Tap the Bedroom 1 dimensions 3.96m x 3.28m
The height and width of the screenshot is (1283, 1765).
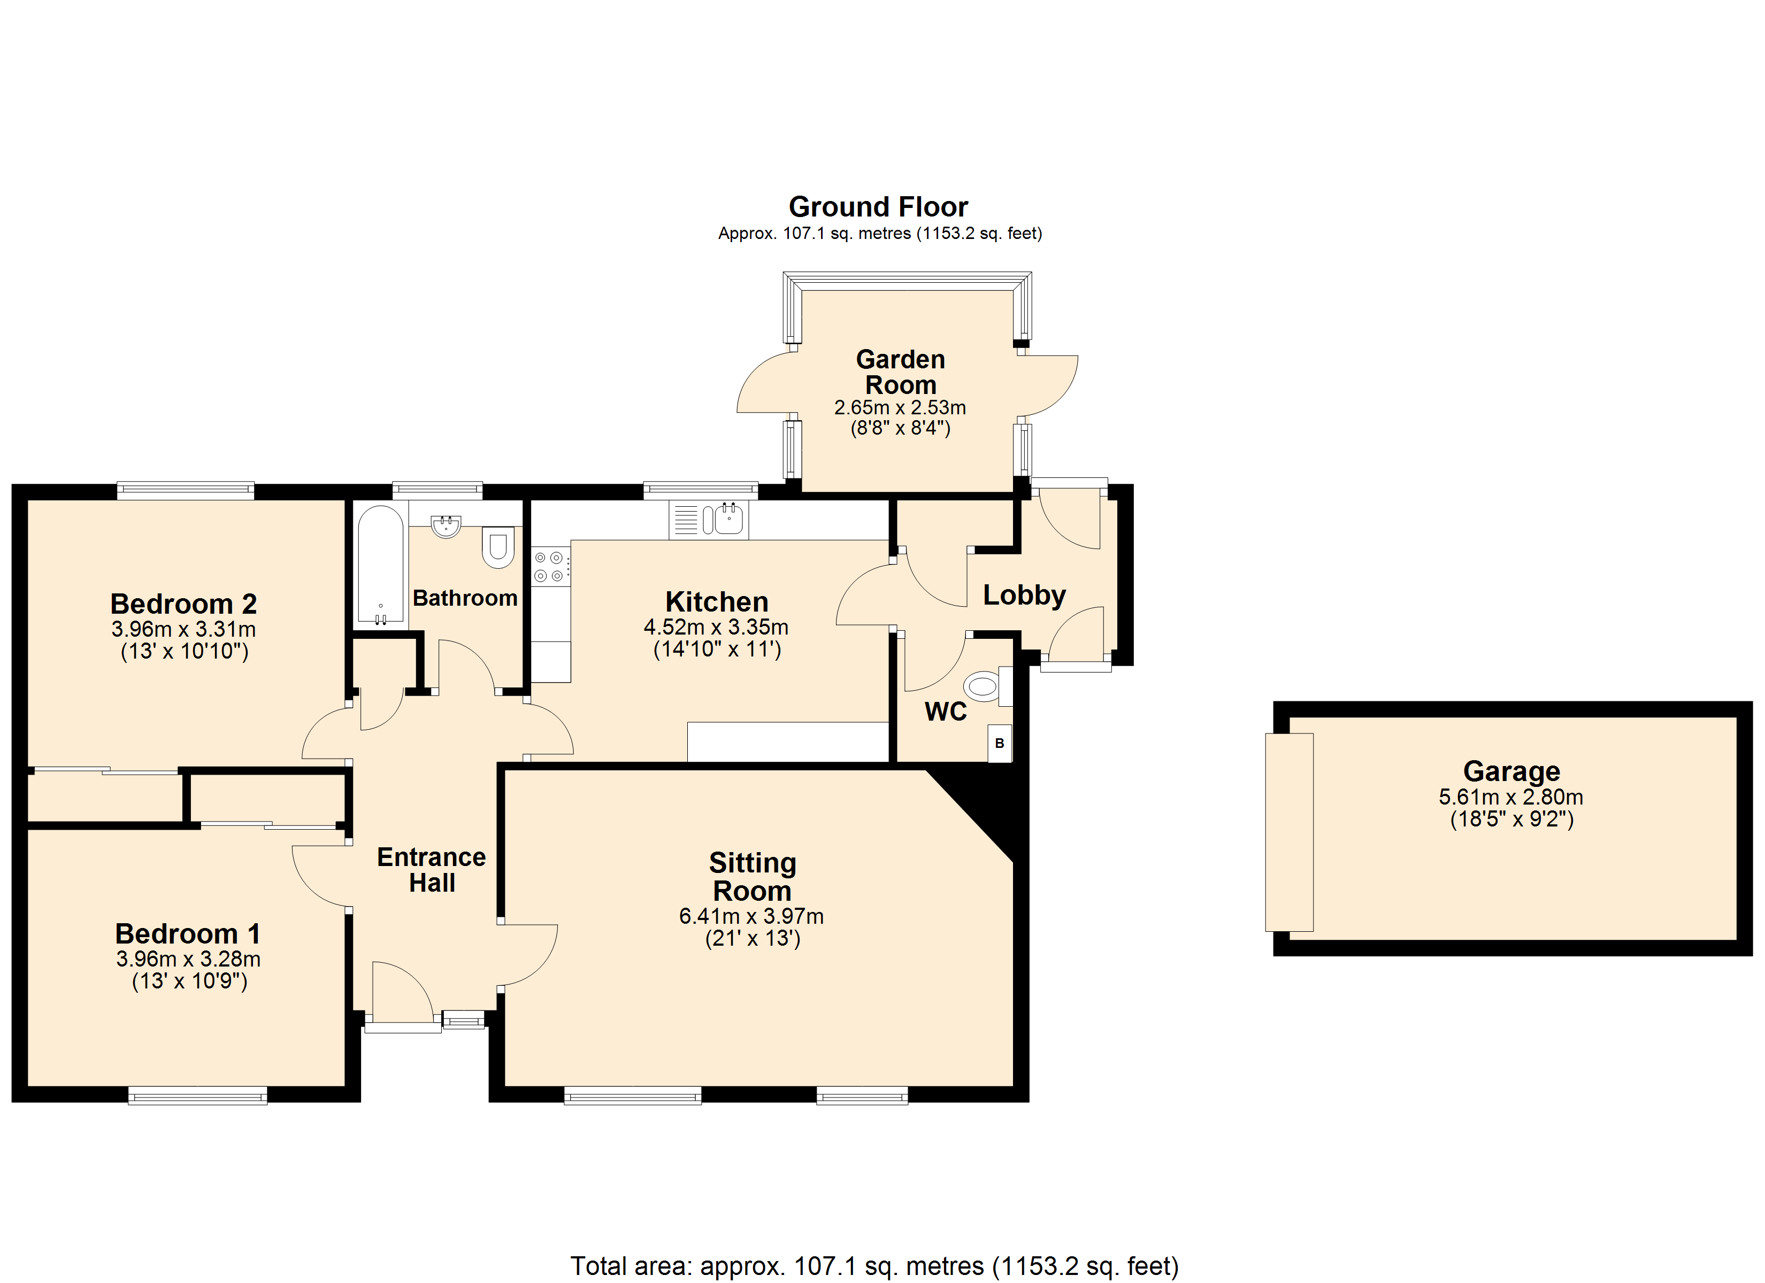click(188, 959)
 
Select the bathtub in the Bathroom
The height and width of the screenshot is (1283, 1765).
click(381, 566)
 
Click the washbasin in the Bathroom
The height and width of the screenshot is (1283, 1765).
click(446, 526)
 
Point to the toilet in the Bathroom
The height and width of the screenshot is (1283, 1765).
click(498, 547)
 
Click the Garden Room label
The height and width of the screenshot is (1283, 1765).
click(900, 372)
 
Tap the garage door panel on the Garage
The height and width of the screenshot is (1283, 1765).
click(1290, 832)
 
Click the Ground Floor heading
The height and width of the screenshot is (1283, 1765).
click(879, 207)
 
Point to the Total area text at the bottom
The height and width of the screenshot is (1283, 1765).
click(874, 1266)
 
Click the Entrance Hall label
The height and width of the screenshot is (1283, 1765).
click(432, 870)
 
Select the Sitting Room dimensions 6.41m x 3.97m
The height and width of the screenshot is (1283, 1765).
click(752, 916)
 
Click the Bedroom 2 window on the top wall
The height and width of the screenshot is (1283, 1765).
click(185, 490)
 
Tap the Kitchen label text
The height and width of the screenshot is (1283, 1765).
click(717, 602)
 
